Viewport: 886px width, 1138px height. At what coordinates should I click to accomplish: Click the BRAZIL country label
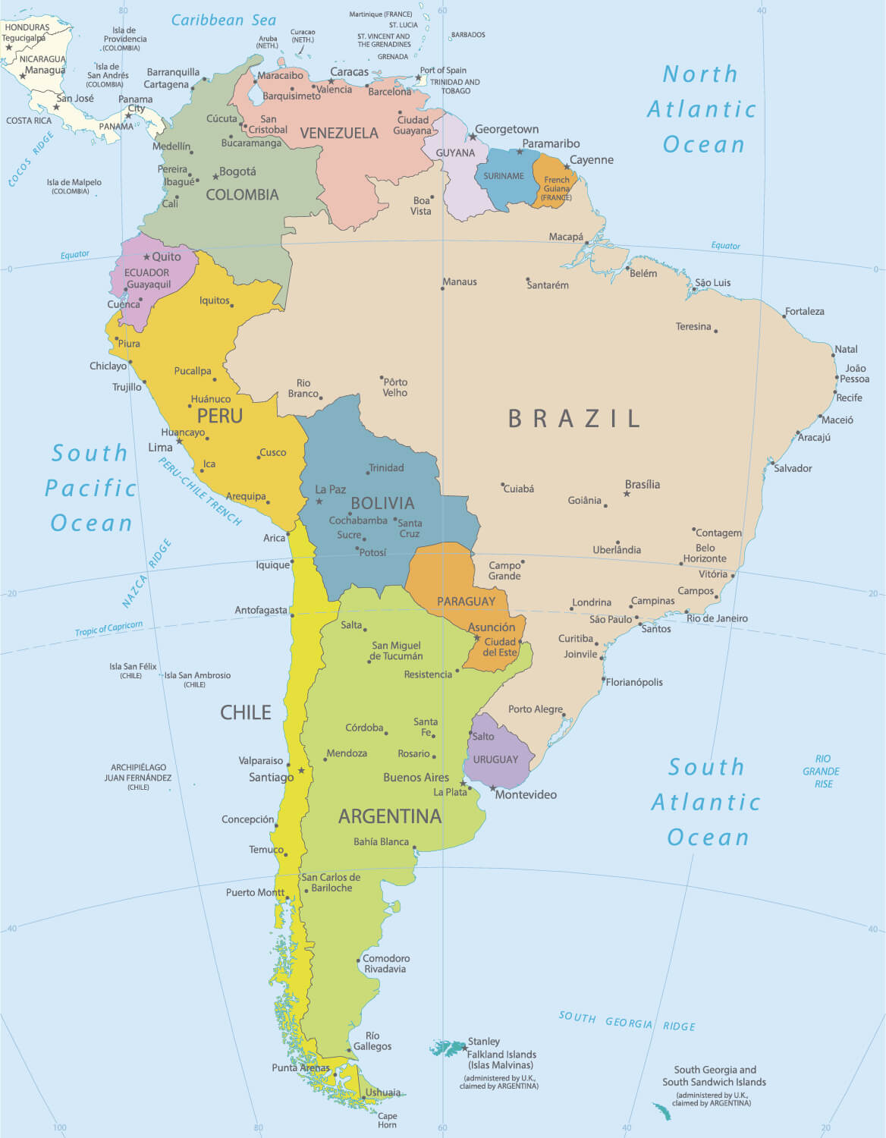click(574, 418)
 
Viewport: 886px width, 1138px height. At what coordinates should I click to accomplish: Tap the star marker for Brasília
click(627, 494)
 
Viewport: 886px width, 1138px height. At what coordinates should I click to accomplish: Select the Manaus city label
click(460, 281)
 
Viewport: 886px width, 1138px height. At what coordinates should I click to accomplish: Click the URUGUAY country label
click(495, 759)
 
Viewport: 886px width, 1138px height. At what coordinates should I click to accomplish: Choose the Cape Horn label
click(387, 1120)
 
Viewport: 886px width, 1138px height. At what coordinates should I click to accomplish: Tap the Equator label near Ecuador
click(75, 255)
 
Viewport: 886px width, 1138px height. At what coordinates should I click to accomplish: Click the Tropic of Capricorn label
click(108, 628)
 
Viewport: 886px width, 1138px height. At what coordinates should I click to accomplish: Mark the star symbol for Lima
click(180, 441)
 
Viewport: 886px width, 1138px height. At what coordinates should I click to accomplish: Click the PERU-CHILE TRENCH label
click(200, 492)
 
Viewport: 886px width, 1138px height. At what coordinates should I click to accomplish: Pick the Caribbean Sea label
click(223, 20)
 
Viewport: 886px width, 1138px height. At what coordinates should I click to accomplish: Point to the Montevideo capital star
click(492, 788)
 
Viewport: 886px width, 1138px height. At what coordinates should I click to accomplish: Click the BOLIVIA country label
click(382, 503)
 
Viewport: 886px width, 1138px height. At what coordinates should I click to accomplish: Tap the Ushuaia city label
click(383, 1092)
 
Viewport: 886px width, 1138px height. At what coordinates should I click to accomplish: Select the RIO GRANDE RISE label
click(822, 771)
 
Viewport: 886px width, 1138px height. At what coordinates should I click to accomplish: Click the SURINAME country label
click(504, 176)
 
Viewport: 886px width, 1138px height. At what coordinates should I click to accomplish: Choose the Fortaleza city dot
click(784, 316)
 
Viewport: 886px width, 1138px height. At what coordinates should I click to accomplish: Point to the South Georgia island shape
click(661, 1111)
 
